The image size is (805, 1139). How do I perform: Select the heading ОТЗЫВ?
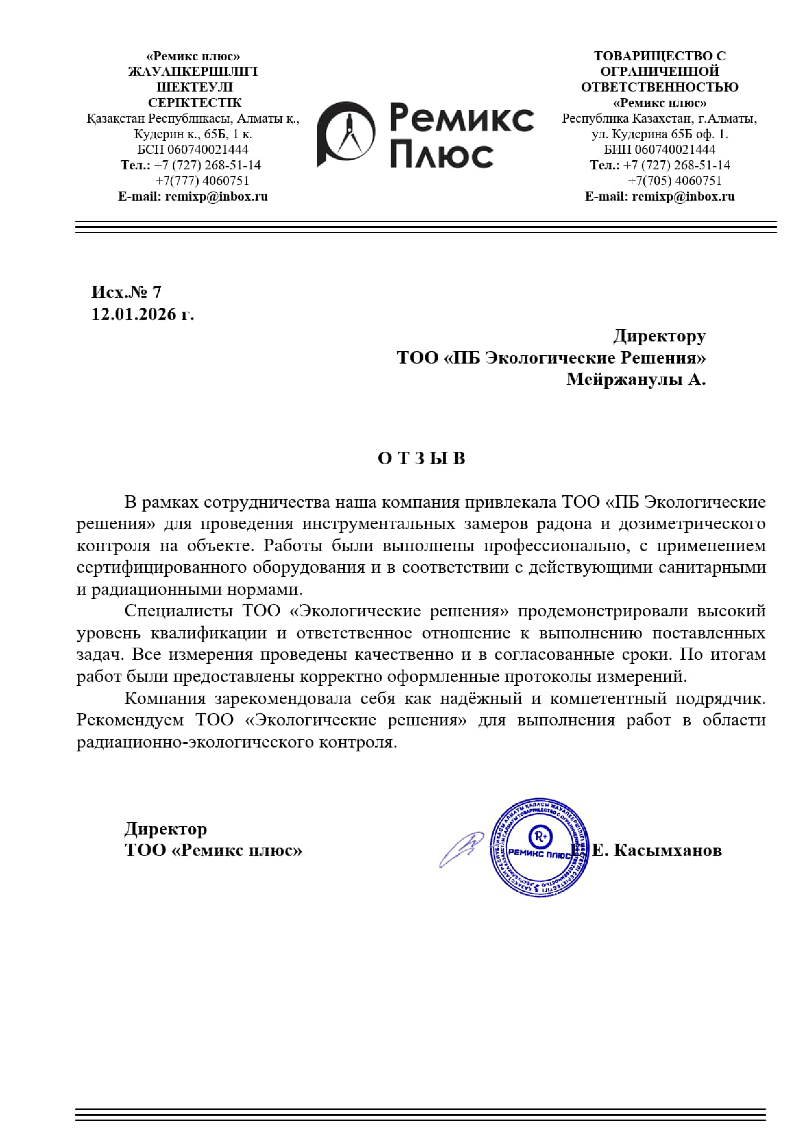coord(421,458)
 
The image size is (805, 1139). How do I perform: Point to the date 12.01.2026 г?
coord(142,314)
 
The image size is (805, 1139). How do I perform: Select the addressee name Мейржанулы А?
coord(636,379)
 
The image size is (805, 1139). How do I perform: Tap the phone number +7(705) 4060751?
coord(675,180)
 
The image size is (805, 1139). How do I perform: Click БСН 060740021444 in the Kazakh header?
coord(193,149)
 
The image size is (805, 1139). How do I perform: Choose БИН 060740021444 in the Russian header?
coord(660,149)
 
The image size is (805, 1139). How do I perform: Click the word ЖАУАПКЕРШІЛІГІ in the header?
coord(193,71)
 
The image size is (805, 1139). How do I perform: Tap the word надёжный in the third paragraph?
coord(481,699)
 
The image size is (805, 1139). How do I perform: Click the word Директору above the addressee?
coord(659,336)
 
